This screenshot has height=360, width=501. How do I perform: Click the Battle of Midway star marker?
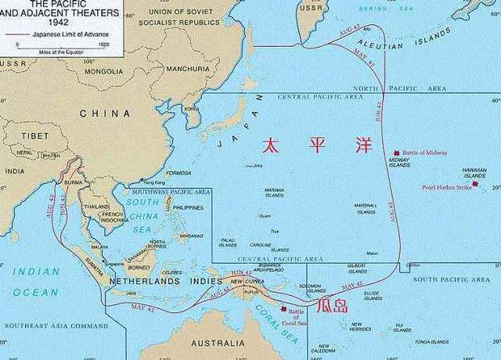[397, 153]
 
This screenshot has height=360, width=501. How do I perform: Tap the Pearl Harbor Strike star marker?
[475, 185]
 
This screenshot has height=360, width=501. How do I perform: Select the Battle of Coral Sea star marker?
[284, 308]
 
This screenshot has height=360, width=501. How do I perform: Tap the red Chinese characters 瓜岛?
[331, 304]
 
